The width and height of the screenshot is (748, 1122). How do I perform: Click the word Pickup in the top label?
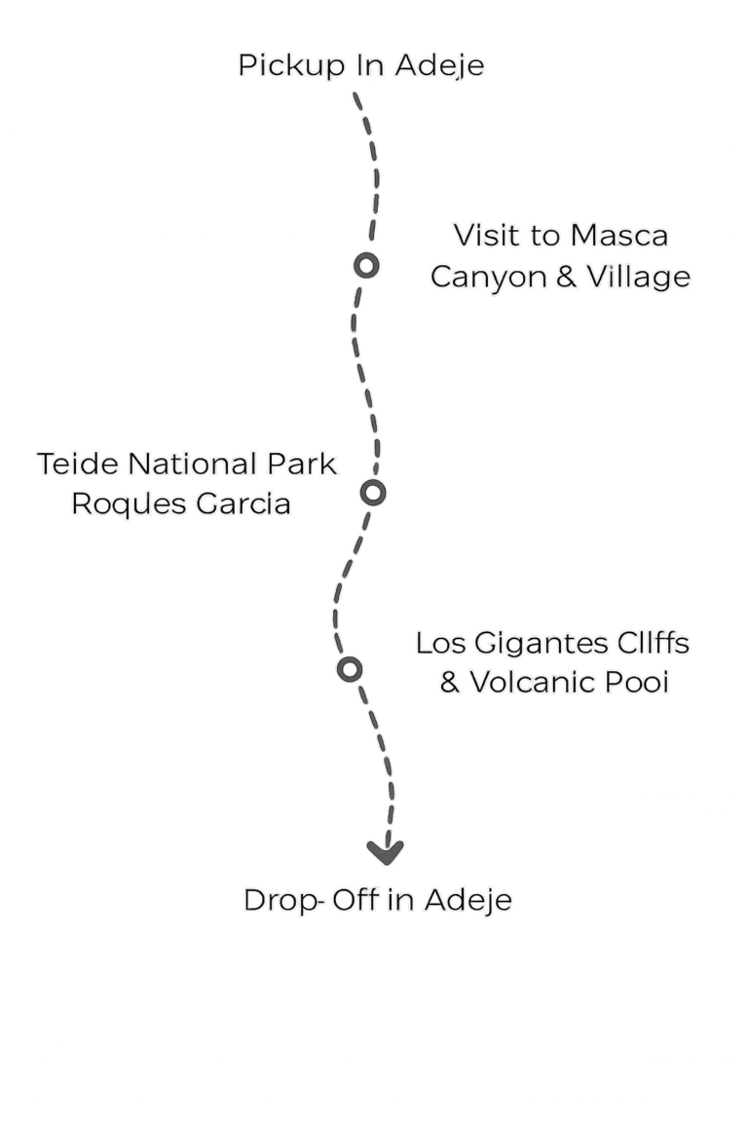[291, 66]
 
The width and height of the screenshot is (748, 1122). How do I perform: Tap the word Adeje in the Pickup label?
[439, 66]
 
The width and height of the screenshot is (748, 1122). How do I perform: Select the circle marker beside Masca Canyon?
[366, 266]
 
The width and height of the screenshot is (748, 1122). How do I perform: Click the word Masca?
[619, 236]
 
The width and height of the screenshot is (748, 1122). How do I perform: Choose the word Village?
[639, 277]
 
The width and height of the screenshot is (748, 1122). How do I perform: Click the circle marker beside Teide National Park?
[373, 492]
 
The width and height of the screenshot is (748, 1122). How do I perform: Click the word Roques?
[129, 505]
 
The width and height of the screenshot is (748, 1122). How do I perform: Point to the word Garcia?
[243, 504]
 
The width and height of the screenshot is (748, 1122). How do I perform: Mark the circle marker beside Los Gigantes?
[350, 669]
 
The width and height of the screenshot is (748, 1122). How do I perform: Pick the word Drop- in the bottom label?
[284, 901]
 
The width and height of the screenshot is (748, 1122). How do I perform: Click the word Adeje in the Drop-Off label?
[468, 900]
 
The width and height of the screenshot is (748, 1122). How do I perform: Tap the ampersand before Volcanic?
[450, 682]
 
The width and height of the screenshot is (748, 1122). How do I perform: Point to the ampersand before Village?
[566, 277]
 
